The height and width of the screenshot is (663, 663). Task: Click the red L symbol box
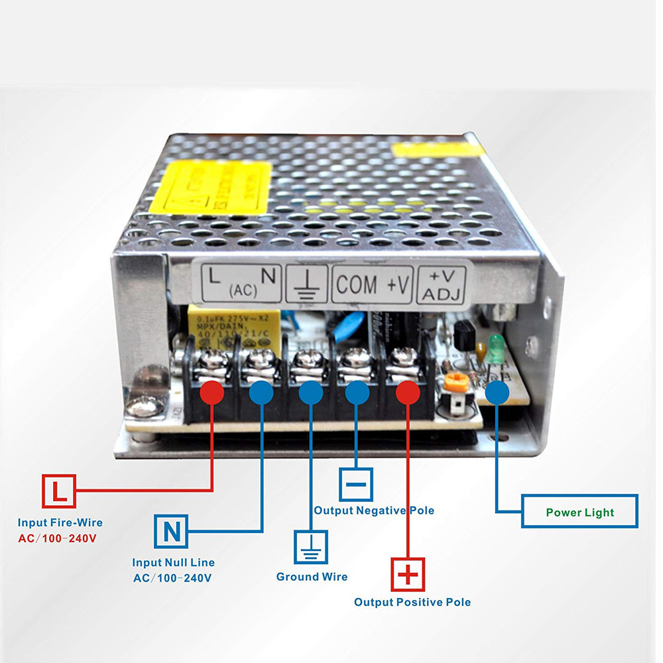[59, 491]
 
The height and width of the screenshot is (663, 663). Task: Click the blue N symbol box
[171, 531]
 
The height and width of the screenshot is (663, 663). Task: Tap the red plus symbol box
[407, 575]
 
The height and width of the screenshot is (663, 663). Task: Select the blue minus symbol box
[356, 484]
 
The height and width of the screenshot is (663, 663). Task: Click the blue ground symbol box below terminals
[311, 547]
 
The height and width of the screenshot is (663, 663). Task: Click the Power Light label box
[579, 512]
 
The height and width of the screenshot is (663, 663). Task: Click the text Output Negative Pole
[374, 510]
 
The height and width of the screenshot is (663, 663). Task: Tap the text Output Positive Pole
[412, 602]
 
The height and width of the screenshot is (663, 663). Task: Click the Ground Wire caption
[312, 576]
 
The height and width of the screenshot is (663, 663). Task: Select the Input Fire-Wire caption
[60, 522]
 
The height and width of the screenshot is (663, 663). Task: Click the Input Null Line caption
[173, 562]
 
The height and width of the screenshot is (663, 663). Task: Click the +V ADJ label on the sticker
[442, 284]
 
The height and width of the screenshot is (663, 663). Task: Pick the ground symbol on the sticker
[307, 285]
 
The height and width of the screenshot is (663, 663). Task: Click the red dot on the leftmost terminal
[211, 392]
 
